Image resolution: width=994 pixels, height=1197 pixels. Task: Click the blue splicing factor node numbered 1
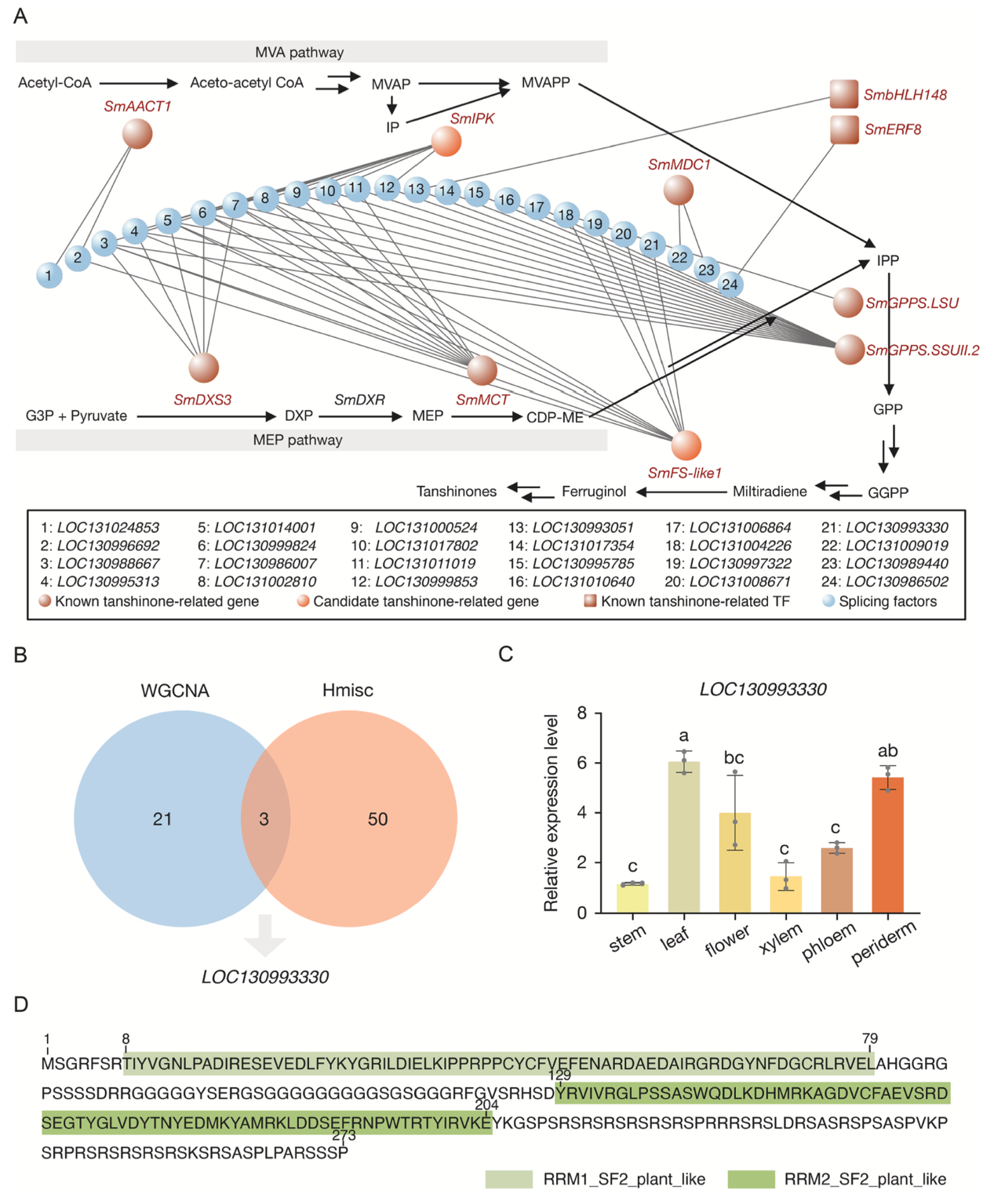coord(49,275)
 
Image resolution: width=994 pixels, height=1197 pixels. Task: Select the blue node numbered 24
coord(730,285)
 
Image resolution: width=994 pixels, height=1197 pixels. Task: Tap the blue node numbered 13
coord(416,189)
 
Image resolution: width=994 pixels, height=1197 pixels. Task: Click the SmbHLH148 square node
coord(844,94)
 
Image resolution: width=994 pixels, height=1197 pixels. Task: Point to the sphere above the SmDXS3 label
coord(204,368)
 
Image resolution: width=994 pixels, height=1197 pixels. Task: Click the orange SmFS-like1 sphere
coord(686,445)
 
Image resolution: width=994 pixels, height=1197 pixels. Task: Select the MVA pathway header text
coord(299,53)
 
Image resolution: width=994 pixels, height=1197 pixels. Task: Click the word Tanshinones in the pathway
coord(456,491)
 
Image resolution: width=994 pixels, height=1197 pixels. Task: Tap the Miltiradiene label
coord(769,491)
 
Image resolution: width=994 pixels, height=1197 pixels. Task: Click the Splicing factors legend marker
coord(828,601)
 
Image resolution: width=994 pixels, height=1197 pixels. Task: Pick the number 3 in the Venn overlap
coord(264,819)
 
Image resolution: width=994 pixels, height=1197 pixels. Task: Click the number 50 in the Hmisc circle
coord(377,819)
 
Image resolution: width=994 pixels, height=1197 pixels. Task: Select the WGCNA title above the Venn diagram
coord(175,691)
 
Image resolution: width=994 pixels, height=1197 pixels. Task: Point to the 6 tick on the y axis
coord(582,763)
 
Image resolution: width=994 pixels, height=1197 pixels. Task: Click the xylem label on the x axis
coord(781,938)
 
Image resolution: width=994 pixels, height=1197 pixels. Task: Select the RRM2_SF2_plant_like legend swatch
coord(751,1179)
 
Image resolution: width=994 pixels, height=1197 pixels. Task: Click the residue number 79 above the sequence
coord(869,1039)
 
